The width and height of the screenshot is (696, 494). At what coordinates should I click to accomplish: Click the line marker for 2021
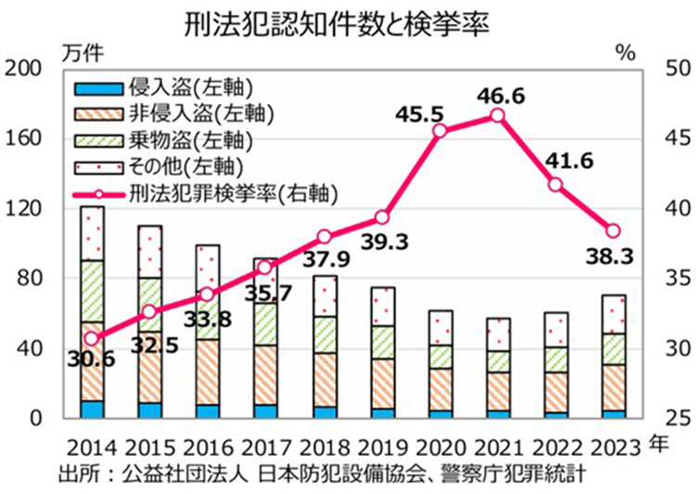click(x=497, y=115)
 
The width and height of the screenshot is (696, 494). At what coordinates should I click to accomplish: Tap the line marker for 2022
click(x=556, y=184)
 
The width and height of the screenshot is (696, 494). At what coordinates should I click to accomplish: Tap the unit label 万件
click(x=79, y=53)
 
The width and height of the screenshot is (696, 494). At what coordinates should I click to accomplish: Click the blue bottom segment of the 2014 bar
click(x=92, y=409)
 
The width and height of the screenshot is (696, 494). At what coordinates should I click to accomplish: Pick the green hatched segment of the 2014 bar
click(x=92, y=291)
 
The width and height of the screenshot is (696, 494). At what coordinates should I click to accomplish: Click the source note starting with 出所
click(x=320, y=472)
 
